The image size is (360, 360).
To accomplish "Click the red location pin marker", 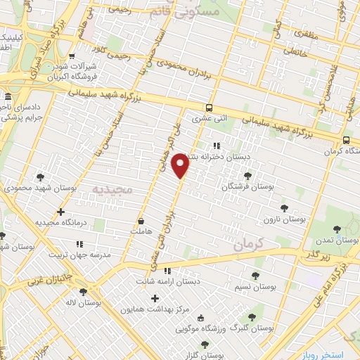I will tap(180, 165).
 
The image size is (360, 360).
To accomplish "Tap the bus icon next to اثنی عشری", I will tap(209, 108).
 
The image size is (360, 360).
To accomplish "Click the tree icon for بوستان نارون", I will tap(284, 208).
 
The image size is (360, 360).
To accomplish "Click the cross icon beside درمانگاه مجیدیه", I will tap(60, 212).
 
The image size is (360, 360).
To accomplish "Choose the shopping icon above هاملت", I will tap(141, 220).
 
